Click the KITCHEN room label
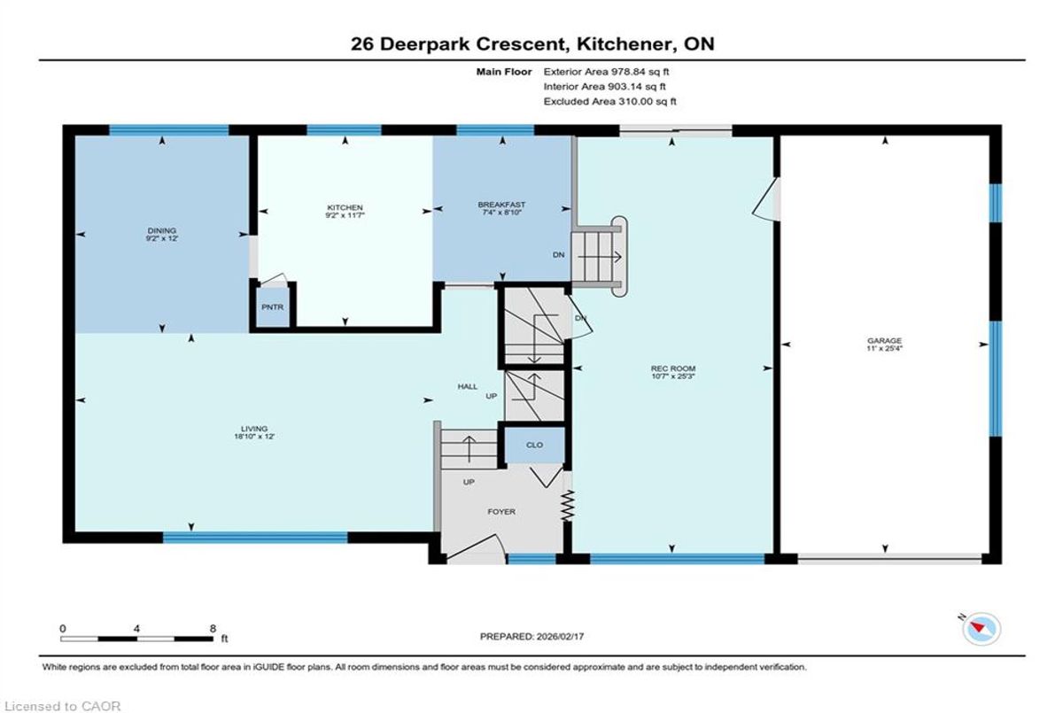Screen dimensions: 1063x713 [345, 208]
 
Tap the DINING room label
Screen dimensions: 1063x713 [162, 231]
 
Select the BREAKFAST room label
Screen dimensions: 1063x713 [501, 205]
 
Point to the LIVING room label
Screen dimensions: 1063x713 [254, 429]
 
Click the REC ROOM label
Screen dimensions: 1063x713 [673, 368]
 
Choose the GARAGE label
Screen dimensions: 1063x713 [885, 341]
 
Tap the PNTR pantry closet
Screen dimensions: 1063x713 [273, 307]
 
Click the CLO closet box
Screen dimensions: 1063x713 [534, 445]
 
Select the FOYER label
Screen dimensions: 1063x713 [501, 511]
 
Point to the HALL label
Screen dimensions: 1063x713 [468, 387]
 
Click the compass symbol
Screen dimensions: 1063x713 [981, 629]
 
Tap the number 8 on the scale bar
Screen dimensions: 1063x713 [213, 629]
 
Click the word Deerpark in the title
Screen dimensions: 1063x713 [425, 44]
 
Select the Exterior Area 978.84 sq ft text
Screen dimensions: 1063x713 [606, 72]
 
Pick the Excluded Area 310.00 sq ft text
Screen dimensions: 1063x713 [609, 101]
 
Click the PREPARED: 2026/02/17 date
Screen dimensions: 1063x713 [532, 637]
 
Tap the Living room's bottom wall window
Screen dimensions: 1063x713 [255, 538]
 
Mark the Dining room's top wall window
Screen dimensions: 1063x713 [169, 130]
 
